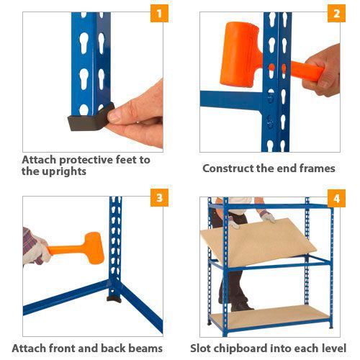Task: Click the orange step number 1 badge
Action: (x=159, y=14)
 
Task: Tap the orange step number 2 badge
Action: (x=336, y=14)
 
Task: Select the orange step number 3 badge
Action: (x=159, y=198)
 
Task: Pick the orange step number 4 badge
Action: (x=336, y=199)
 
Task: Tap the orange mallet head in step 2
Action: (x=240, y=54)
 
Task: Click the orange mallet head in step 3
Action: (x=94, y=248)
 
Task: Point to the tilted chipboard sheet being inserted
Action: (x=258, y=243)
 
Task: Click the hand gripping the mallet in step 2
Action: (x=322, y=71)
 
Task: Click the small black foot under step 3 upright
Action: (x=114, y=299)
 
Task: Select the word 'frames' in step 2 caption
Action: (x=318, y=168)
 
